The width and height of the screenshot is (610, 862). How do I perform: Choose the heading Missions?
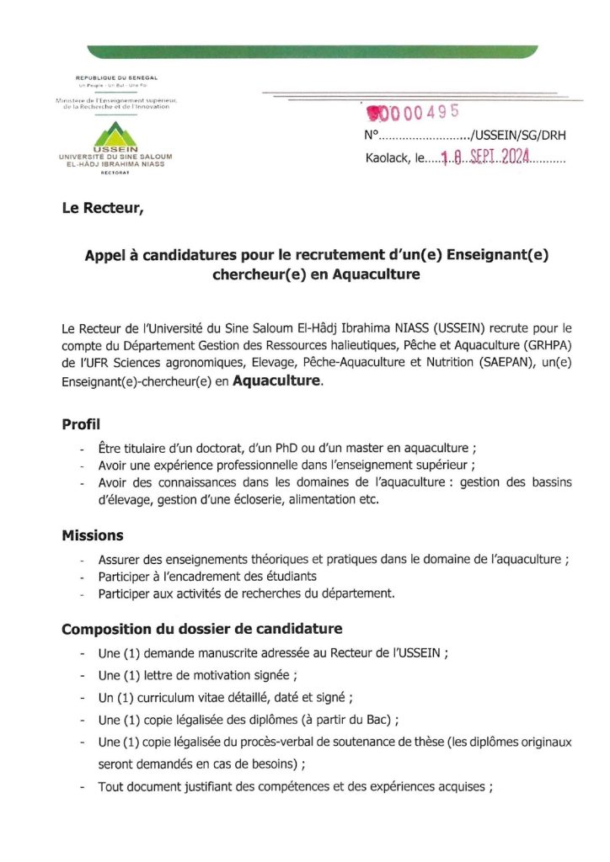coord(92,535)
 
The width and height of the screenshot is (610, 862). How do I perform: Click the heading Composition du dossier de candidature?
coord(201,629)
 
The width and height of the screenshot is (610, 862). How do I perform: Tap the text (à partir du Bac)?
coord(345,720)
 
